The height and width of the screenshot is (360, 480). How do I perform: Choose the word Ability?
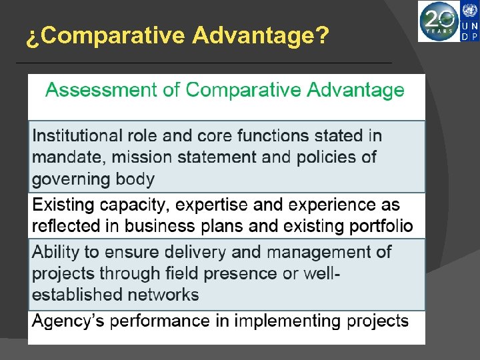click(x=53, y=252)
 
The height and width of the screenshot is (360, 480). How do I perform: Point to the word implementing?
click(x=293, y=321)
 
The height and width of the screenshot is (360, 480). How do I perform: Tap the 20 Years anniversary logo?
click(x=439, y=21)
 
